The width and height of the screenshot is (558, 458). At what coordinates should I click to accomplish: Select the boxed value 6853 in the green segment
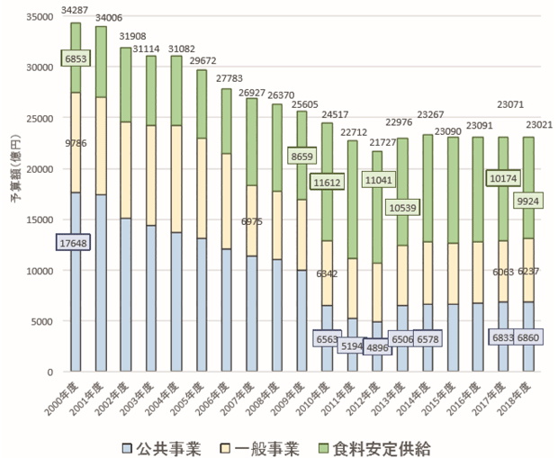pos(76,58)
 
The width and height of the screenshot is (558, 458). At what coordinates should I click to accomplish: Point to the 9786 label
pos(49,142)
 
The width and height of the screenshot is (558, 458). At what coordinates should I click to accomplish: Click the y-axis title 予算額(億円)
pos(15,193)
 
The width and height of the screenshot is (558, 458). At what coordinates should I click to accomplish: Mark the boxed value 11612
pos(328,183)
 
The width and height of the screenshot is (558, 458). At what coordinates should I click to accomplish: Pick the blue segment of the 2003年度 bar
pos(150,297)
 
